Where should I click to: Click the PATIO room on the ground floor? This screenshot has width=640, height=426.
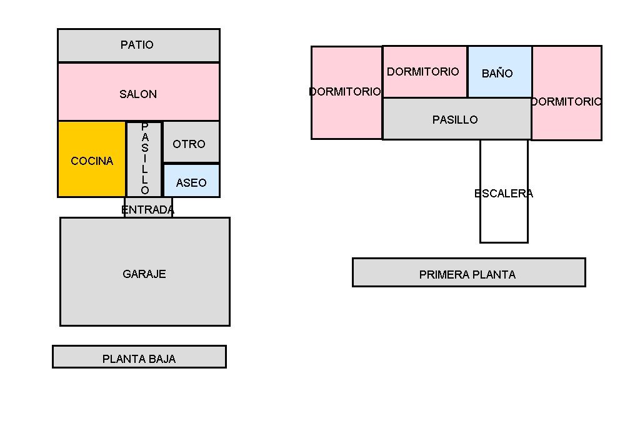pos(138,45)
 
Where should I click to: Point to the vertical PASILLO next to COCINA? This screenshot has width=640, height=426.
pos(145,159)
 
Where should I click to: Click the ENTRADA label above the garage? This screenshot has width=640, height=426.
pos(148,209)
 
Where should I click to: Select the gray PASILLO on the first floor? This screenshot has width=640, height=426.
pos(456,119)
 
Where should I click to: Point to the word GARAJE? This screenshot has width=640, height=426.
pos(144,274)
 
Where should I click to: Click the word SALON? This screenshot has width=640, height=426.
pos(138,94)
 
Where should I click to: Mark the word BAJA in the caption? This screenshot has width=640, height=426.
pos(162,359)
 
